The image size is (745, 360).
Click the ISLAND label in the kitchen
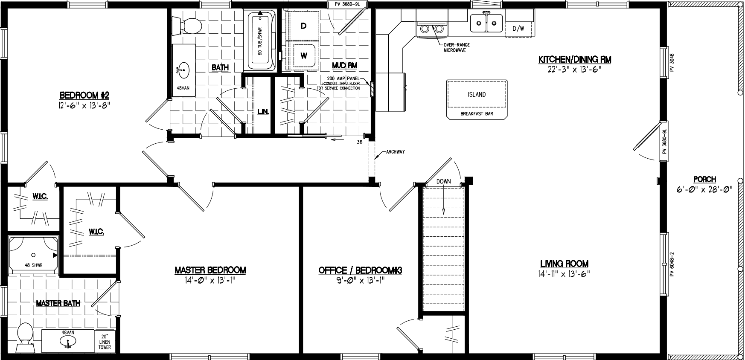point(476,95)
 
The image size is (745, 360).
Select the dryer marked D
point(303,26)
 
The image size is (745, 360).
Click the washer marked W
point(304,55)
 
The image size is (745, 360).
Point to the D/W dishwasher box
point(518,29)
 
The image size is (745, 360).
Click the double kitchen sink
point(486,23)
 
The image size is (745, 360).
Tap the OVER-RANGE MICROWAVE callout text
point(454,47)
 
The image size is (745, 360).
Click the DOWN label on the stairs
point(443,181)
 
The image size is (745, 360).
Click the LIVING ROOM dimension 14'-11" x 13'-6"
point(564,274)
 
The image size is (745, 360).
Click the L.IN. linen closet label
point(263,112)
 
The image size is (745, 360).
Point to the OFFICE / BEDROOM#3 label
point(361,270)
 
